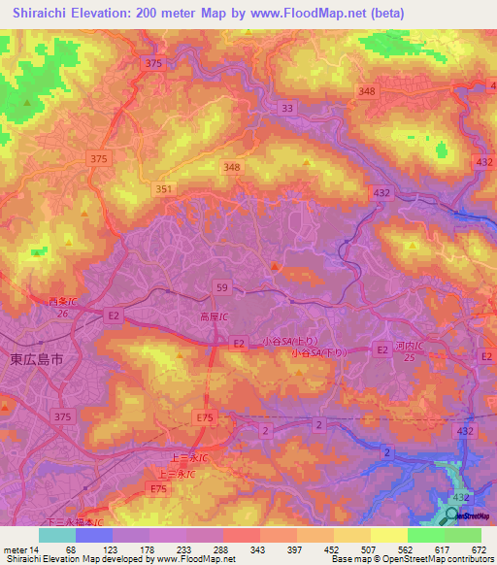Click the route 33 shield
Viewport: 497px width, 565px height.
(x=286, y=109)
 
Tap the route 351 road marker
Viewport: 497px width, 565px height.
(x=164, y=190)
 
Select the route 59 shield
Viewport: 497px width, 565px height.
(x=221, y=287)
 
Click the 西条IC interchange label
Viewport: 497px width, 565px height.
(x=61, y=302)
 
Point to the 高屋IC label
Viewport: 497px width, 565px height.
(x=213, y=317)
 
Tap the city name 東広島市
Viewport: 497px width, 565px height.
(x=36, y=358)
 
